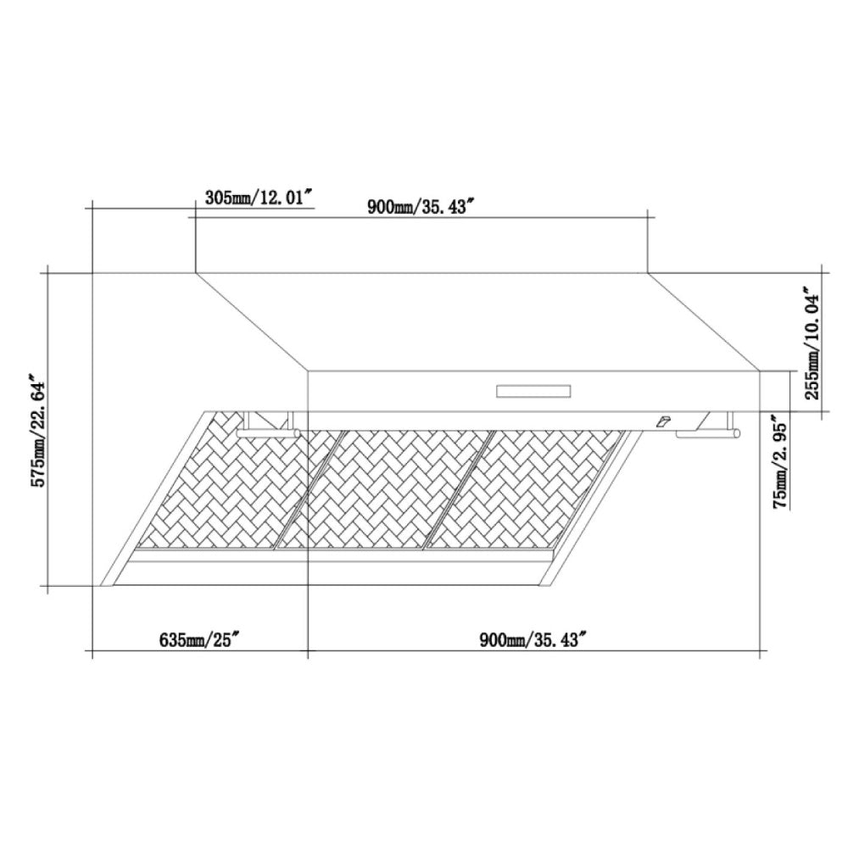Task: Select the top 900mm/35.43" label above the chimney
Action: tap(419, 208)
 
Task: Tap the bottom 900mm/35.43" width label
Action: tap(533, 639)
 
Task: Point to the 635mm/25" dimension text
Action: tap(201, 639)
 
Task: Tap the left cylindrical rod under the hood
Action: tap(269, 432)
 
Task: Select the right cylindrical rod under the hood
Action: tap(708, 434)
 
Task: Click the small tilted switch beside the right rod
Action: tap(661, 421)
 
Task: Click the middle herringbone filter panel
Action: tap(386, 488)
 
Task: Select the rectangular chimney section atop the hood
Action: tap(422, 246)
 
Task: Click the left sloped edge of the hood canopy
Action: tap(252, 321)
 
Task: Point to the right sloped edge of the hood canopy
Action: tap(704, 321)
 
